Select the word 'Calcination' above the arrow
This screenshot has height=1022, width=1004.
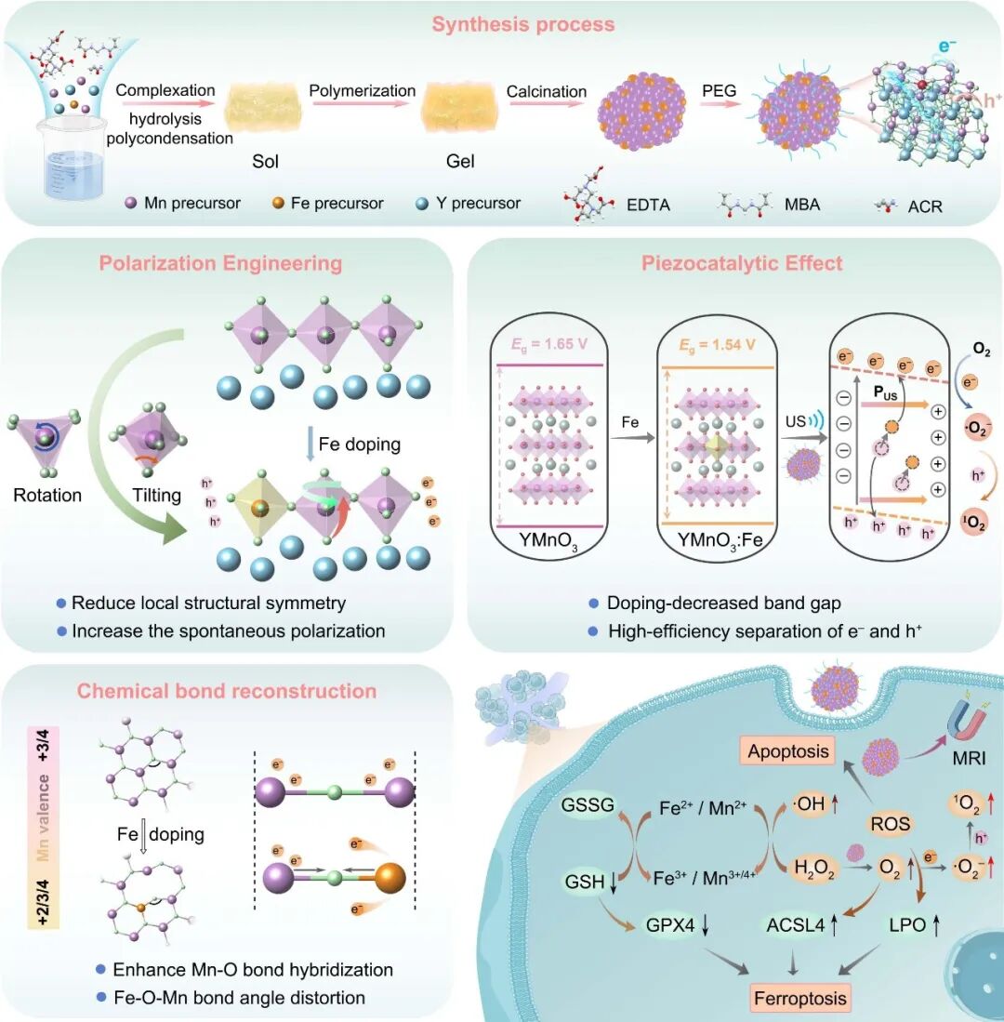[x=547, y=91]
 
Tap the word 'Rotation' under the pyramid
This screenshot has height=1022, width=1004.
[x=47, y=495]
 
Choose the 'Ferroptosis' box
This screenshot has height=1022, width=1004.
[x=801, y=998]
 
